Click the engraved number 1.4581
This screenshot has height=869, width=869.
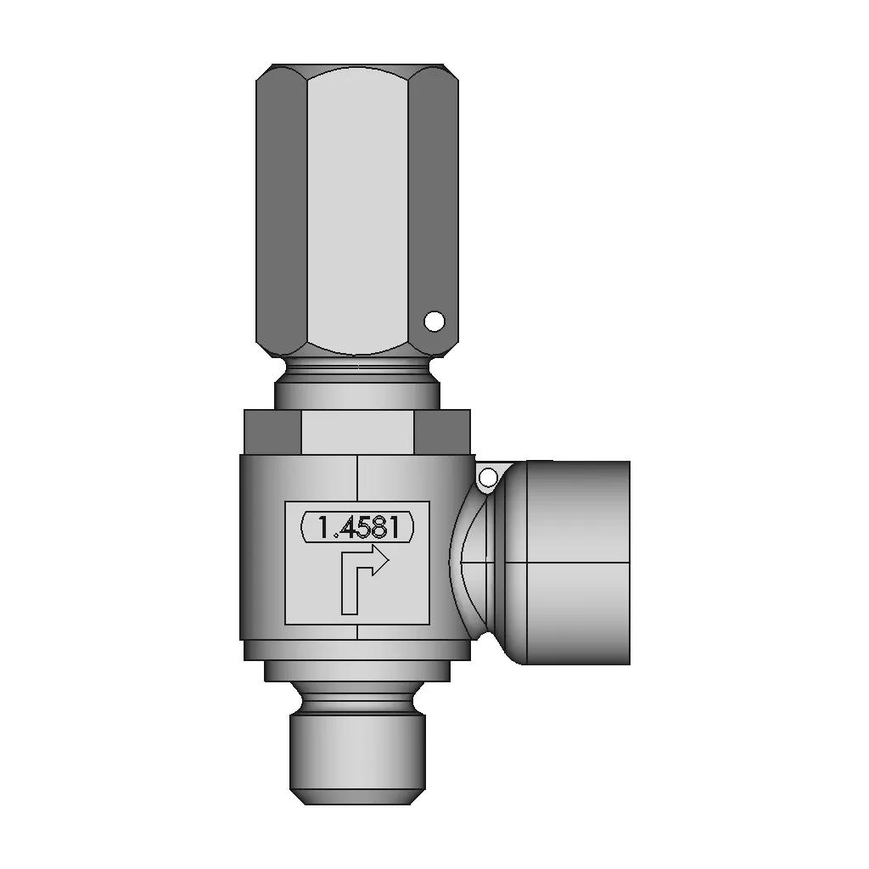pyautogui.click(x=358, y=527)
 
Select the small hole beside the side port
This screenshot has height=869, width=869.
pyautogui.click(x=489, y=476)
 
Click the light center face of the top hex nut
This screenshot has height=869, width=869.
pyautogui.click(x=357, y=210)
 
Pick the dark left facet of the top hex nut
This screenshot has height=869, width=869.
pyautogui.click(x=281, y=210)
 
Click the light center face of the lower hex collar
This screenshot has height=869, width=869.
pyautogui.click(x=357, y=432)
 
